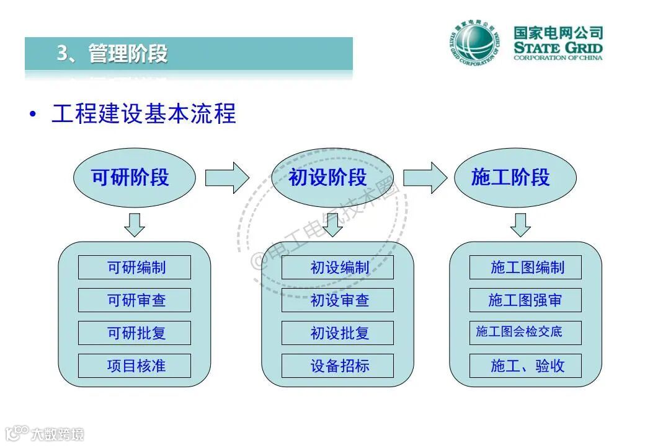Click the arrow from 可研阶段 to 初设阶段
click(227, 178)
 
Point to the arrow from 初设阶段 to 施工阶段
click(425, 178)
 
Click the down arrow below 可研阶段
click(135, 225)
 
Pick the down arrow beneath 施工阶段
click(520, 225)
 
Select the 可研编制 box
click(135, 268)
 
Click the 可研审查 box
click(135, 300)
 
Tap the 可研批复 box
click(135, 333)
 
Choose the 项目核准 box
click(135, 366)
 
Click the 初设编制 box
click(337, 268)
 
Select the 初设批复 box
click(337, 333)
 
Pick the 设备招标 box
click(337, 366)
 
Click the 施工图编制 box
click(525, 268)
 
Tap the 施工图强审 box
click(525, 300)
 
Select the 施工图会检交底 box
click(525, 333)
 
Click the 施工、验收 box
click(525, 366)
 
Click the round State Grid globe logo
click(473, 44)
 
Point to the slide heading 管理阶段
click(127, 54)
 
